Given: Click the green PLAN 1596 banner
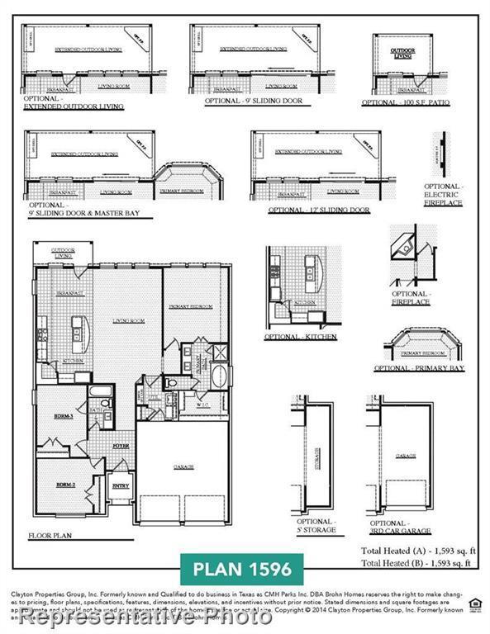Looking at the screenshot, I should pos(242,570).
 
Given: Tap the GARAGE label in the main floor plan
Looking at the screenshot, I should pos(183,466).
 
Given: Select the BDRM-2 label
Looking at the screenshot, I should pos(65,485).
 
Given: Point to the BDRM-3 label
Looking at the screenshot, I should pos(65,417).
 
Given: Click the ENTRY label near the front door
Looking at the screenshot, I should pos(121,486).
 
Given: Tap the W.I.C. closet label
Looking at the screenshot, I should pos(202,405).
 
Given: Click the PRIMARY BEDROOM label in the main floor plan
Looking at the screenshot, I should pos(192,306).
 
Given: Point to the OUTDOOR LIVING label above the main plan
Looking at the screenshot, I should pos(63,253).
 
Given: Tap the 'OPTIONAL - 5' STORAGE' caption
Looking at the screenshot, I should pos(316,526).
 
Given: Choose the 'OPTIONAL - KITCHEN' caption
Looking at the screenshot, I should pos(293,338).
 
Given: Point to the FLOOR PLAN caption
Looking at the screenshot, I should pos(50,535).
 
